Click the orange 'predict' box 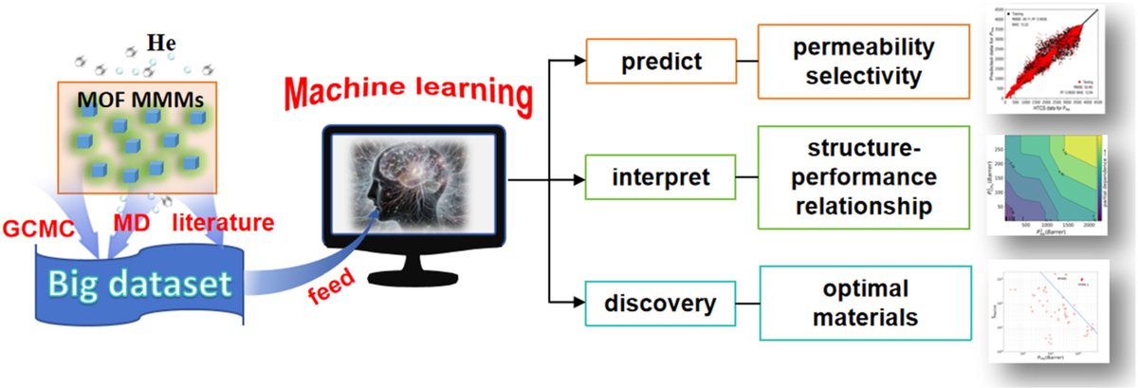click(x=660, y=63)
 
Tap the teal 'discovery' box click(x=660, y=304)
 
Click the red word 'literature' click(x=224, y=223)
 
